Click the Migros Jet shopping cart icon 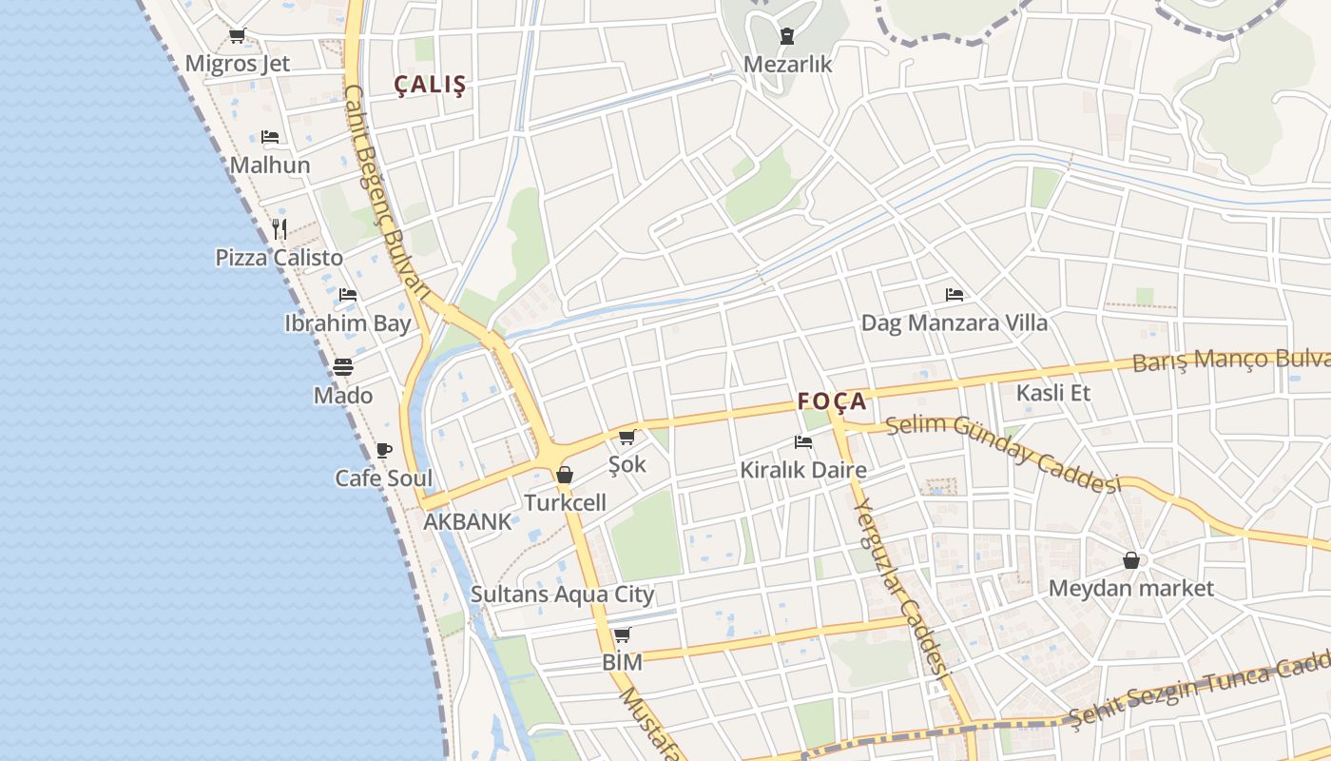pos(237,36)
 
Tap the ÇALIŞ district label pos(431,85)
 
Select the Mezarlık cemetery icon pos(787,37)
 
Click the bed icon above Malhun pos(270,137)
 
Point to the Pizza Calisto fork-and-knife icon pos(279,229)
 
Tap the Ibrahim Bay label pos(348,323)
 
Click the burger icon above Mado pos(343,367)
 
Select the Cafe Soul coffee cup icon pos(384,450)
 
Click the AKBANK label pos(467,521)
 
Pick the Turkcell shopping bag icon pos(565,474)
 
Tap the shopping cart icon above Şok pos(627,438)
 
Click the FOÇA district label pos(832,400)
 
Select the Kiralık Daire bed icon pos(803,442)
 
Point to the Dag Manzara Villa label pos(954,323)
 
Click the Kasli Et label pos(1053,393)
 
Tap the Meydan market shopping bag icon pos(1131,560)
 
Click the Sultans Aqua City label pos(563,595)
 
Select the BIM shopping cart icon pos(622,634)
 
